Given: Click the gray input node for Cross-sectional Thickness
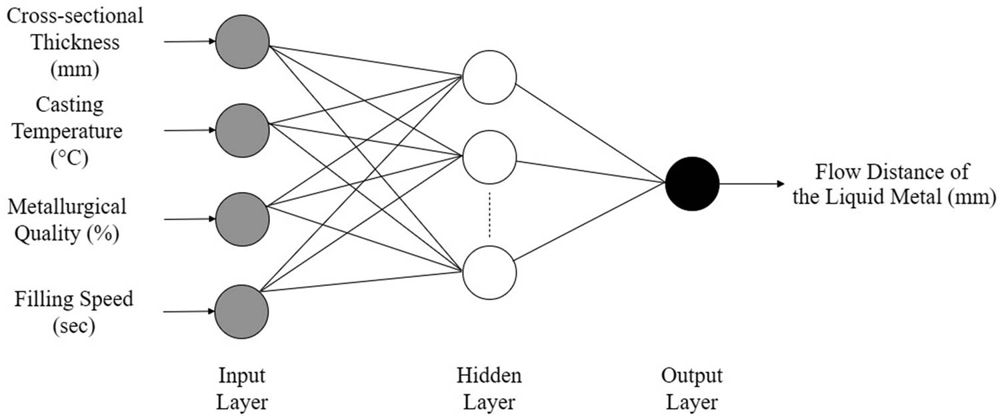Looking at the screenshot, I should click(242, 41).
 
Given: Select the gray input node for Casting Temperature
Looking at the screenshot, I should click(242, 131).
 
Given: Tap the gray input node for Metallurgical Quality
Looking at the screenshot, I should click(242, 219).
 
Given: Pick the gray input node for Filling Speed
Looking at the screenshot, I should click(242, 311).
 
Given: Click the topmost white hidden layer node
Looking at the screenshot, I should click(489, 77).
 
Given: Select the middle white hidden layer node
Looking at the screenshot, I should click(489, 157).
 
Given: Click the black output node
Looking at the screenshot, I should click(692, 183).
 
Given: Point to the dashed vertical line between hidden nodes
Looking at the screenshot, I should click(489, 215).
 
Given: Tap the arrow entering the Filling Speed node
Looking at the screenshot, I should click(190, 311).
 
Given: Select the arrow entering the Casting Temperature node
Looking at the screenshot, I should click(190, 131).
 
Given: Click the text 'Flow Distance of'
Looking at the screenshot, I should click(893, 173).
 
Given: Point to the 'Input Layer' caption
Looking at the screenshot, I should click(242, 389).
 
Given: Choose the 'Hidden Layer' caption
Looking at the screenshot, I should click(489, 389).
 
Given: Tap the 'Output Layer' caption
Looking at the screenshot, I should click(692, 389).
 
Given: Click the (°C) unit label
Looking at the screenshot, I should click(69, 160).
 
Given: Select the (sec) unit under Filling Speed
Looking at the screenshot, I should click(74, 327).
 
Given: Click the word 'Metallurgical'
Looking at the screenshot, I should click(67, 207).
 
